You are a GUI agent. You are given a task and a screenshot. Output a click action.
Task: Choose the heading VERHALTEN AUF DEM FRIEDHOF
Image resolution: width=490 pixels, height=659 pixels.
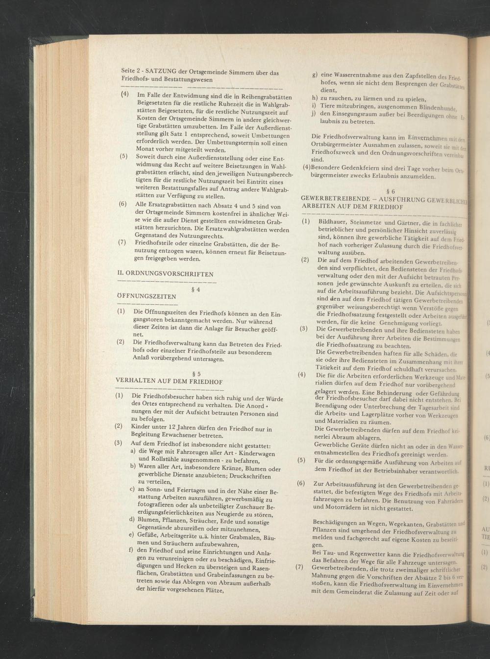tap(169, 381)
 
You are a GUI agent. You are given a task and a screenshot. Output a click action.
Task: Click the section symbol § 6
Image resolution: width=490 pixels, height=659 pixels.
tap(391, 191)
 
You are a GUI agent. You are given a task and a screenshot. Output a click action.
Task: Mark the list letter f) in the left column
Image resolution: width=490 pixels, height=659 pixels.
tap(131, 550)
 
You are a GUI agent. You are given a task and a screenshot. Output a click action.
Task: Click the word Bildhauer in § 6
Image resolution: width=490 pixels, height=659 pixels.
tap(333, 222)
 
